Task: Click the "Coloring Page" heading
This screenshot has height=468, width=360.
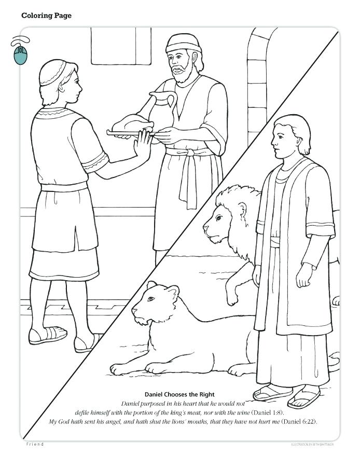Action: pyautogui.click(x=46, y=16)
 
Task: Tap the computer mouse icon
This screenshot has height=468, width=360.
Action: pyautogui.click(x=20, y=52)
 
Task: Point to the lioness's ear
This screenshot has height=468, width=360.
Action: pyautogui.click(x=152, y=285)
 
